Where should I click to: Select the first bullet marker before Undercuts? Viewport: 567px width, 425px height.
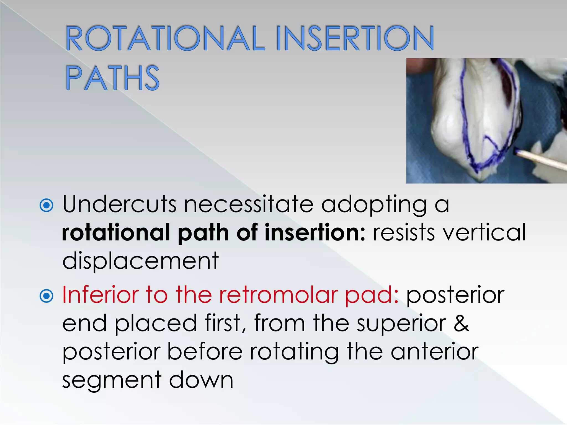(x=46, y=205)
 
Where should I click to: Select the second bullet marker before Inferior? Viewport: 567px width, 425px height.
(x=46, y=296)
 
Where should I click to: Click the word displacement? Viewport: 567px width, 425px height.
(x=140, y=261)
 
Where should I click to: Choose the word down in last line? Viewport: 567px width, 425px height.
(x=201, y=380)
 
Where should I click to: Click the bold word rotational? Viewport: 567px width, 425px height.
(x=116, y=232)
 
